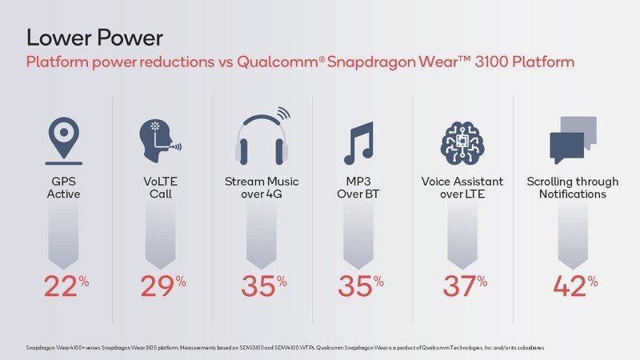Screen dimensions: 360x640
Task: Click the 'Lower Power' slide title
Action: [x=94, y=37]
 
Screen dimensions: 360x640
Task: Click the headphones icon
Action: [x=262, y=138]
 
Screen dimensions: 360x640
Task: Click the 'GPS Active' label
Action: [x=63, y=187]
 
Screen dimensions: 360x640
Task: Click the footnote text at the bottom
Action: [x=285, y=348]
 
